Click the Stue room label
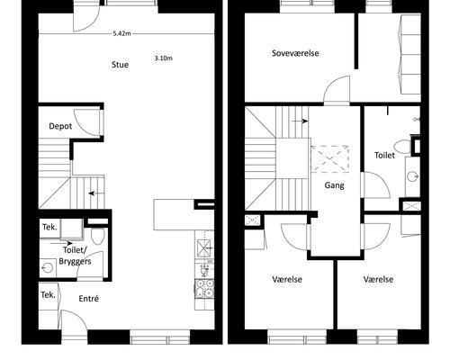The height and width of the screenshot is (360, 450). click(x=120, y=65)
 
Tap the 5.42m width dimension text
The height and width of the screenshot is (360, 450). click(x=121, y=33)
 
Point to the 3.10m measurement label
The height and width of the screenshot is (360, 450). click(x=164, y=58)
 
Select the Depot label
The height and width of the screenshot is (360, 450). click(x=60, y=126)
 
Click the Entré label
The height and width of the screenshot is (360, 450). click(x=88, y=299)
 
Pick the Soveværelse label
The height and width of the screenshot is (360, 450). click(x=295, y=53)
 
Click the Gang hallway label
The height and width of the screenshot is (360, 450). click(x=334, y=185)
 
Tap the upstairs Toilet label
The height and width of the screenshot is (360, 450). click(x=384, y=155)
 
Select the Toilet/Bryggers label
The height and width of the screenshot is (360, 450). click(x=75, y=256)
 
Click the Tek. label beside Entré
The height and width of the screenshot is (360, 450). click(x=48, y=295)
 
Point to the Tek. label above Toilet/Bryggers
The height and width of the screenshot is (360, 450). click(x=49, y=227)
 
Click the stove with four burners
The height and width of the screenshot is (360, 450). click(x=204, y=288)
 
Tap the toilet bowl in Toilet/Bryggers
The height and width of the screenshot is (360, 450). click(x=97, y=236)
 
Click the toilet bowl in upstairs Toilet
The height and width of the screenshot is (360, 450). click(x=402, y=148)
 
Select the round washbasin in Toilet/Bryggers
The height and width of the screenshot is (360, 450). click(x=47, y=267)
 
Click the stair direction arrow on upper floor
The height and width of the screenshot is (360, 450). click(x=300, y=121)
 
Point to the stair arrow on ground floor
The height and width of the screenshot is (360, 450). click(x=96, y=193)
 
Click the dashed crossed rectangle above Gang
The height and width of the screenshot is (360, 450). click(x=329, y=159)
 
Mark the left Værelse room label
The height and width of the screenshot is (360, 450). click(x=287, y=280)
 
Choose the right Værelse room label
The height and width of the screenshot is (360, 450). click(x=378, y=280)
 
